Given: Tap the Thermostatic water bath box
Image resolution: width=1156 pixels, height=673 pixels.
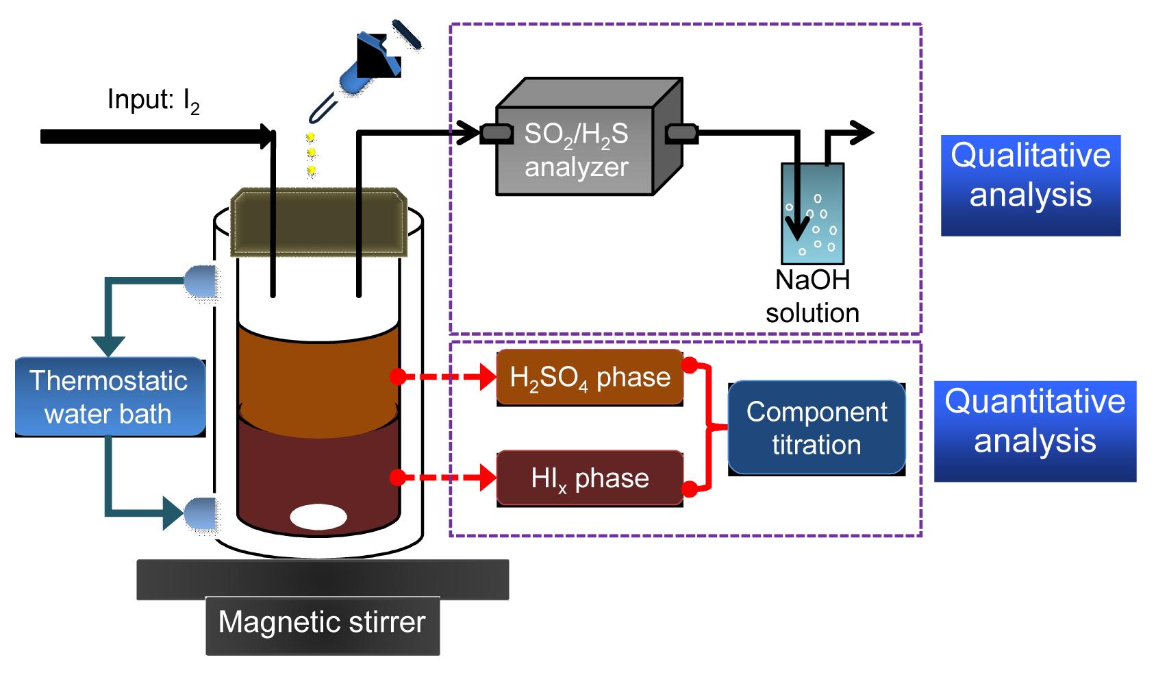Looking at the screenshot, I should tap(110, 397).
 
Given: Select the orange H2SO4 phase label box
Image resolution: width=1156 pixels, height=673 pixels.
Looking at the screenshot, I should tap(590, 377).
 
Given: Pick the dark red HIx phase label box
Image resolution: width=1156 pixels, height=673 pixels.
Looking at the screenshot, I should tap(590, 478).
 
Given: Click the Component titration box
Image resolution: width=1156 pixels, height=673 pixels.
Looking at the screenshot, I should tap(816, 428).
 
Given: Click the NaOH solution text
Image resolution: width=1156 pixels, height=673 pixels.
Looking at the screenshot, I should tap(812, 297).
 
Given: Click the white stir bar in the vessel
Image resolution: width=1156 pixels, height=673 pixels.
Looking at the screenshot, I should tap(318, 517).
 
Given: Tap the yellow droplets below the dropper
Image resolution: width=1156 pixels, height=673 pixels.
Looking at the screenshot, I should tap(311, 153).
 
